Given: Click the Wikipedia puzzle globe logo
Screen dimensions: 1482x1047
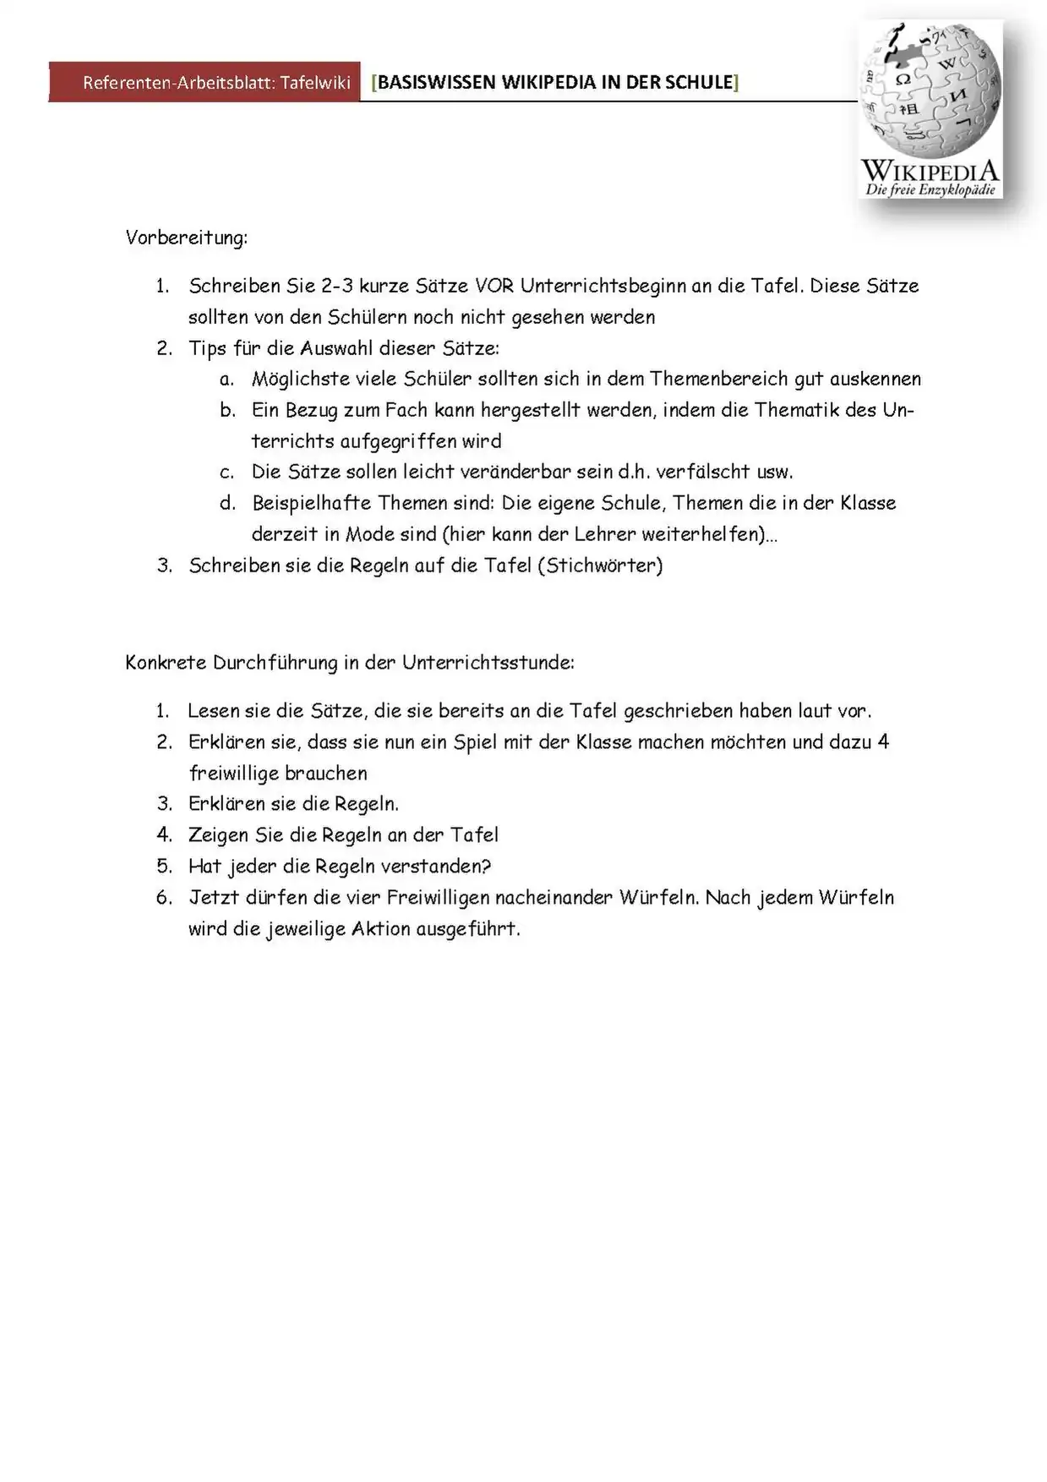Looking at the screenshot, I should (930, 90).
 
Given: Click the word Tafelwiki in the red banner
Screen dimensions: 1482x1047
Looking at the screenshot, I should (315, 83).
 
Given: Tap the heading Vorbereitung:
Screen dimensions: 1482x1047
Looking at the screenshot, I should (187, 238).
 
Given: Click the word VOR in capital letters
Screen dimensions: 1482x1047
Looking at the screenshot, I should (494, 286).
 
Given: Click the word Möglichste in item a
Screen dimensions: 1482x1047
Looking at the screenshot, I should (295, 379).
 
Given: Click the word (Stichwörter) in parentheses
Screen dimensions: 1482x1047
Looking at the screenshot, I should (600, 566).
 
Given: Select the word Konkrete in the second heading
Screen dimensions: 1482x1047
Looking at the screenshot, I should (166, 662).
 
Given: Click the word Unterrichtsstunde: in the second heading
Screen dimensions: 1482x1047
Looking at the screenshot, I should (488, 662).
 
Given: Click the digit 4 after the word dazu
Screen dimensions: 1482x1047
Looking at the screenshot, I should (883, 742).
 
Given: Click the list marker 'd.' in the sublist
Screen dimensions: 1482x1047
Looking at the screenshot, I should (227, 503).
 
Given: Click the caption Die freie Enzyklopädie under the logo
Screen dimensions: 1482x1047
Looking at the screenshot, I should (930, 190).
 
